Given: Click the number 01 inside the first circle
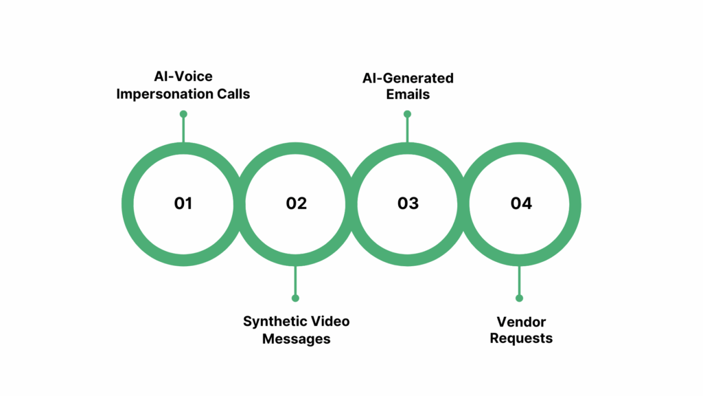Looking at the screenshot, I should click(183, 203).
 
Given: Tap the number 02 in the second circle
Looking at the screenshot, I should click(297, 203).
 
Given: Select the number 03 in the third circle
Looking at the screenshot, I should click(408, 203).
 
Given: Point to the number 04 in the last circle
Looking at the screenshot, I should click(521, 203).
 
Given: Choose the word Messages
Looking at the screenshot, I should click(296, 339).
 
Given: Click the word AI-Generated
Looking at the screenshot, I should click(408, 78).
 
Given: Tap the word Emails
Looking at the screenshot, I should click(408, 94).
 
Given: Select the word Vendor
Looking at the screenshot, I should click(521, 322).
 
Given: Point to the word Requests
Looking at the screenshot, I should click(521, 338).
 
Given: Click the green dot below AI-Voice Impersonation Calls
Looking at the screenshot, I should click(183, 114).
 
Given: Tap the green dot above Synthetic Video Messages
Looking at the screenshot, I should click(295, 298).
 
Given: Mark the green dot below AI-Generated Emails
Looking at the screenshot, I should click(407, 114).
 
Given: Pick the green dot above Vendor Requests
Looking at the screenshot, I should click(519, 298).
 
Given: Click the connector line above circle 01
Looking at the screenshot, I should click(183, 129).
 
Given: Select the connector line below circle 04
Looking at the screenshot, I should click(519, 282).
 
